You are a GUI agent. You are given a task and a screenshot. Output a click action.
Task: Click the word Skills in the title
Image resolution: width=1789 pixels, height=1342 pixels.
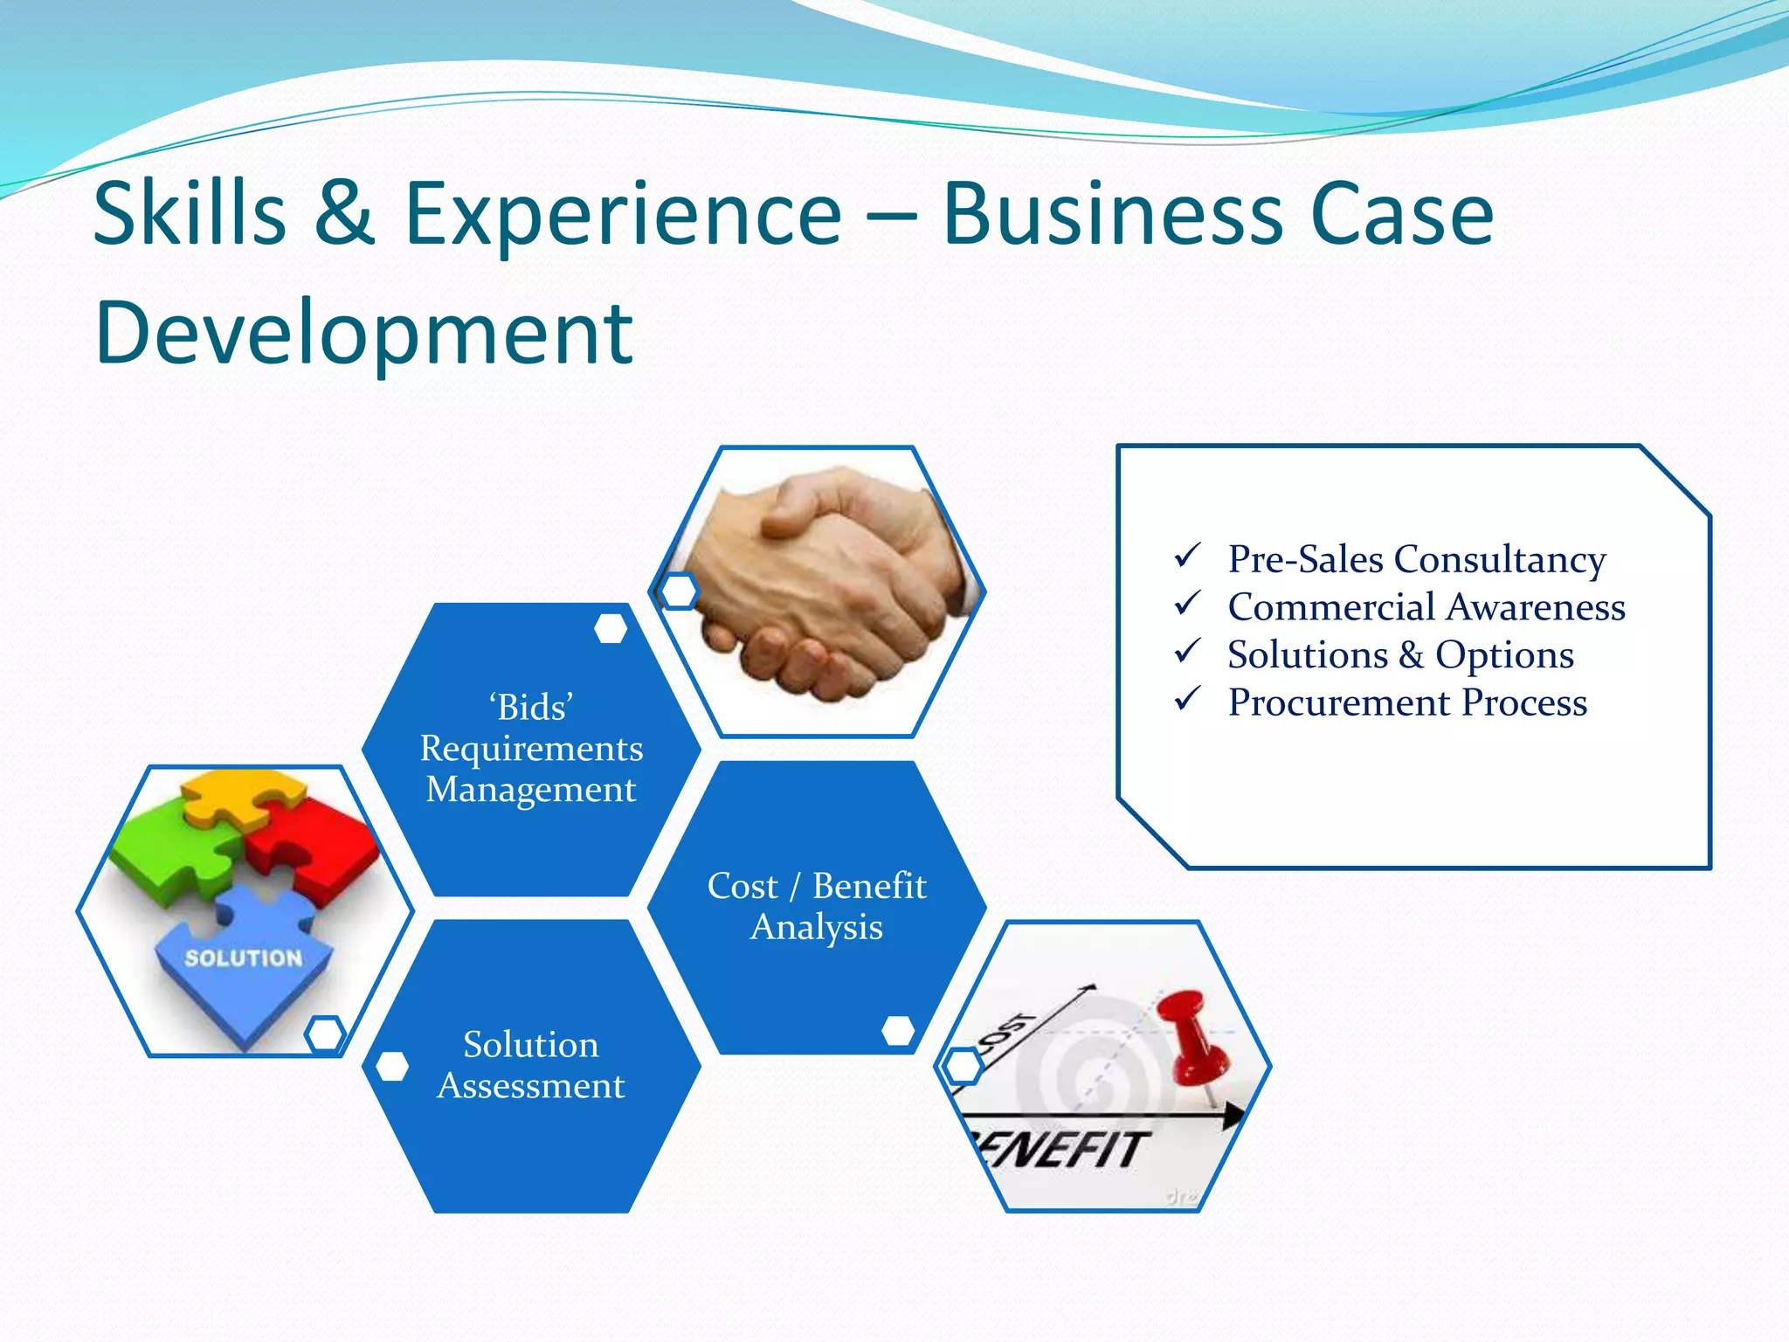[x=190, y=214]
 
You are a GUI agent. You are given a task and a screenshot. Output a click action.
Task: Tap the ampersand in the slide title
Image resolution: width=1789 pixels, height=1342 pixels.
[x=344, y=214]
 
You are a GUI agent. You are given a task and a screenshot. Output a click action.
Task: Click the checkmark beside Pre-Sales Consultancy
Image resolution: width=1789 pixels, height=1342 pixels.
[x=1187, y=556]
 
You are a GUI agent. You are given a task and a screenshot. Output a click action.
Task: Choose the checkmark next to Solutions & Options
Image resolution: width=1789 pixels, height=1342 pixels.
[x=1187, y=651]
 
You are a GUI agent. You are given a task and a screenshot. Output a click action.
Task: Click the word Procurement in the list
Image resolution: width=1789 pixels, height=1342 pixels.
[x=1339, y=702]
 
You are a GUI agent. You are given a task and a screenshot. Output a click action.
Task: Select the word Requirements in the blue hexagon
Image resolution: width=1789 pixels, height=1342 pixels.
[x=531, y=749]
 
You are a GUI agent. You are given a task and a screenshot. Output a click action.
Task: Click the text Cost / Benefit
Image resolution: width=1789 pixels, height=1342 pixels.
[x=816, y=886]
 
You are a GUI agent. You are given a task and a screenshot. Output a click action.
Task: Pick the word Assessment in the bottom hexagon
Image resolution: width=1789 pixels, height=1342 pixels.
[x=531, y=1086]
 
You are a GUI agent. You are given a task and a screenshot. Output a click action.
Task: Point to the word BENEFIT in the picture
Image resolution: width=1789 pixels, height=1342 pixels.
[x=1061, y=1148]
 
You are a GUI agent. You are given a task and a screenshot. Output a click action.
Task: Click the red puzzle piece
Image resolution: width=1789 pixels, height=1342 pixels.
[x=314, y=843]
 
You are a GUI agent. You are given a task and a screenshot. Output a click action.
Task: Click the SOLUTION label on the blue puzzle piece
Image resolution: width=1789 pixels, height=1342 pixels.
[x=243, y=958]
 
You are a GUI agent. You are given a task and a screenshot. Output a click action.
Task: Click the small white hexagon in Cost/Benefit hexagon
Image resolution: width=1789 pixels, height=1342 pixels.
[x=898, y=1030]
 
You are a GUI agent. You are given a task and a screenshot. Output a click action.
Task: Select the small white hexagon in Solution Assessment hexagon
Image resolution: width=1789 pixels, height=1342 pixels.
[x=392, y=1066]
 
